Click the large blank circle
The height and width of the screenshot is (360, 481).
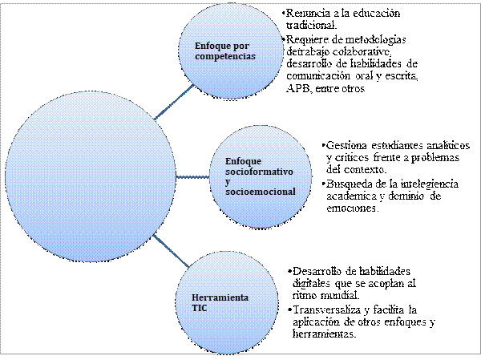click(90, 175)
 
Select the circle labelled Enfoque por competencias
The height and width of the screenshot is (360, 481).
click(232, 51)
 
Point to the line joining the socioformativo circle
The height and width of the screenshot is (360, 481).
click(191, 176)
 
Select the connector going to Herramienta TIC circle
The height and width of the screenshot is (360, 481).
click(172, 252)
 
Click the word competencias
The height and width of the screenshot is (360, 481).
click(225, 56)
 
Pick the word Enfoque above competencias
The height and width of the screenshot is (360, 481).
click(212, 46)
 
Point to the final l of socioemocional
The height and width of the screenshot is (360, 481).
click(294, 192)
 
